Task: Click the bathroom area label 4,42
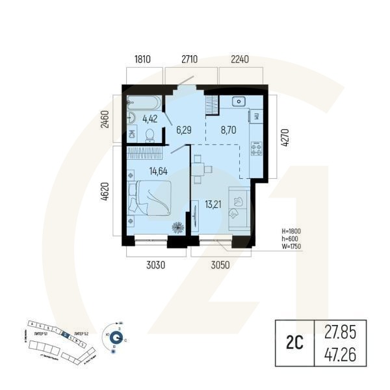(149, 118)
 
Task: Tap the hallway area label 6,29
(184, 130)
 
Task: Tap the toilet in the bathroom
(149, 134)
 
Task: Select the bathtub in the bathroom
(146, 102)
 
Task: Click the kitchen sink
(239, 101)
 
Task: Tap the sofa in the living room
(239, 209)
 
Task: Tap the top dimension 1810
(142, 59)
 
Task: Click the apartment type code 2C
(293, 342)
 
